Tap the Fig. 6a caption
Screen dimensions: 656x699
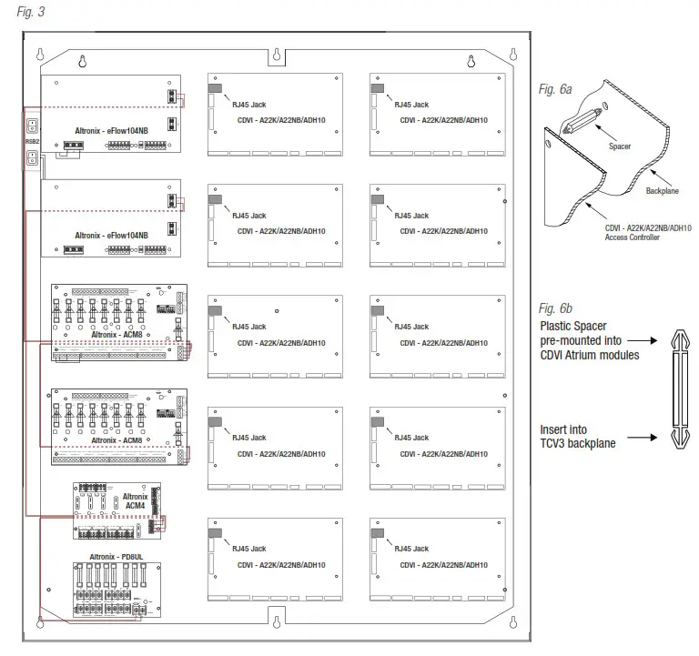[x=554, y=89]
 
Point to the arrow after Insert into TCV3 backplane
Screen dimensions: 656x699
[x=643, y=438]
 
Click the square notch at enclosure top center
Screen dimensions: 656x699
[x=273, y=56]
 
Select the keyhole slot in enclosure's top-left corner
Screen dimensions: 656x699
[x=82, y=62]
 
